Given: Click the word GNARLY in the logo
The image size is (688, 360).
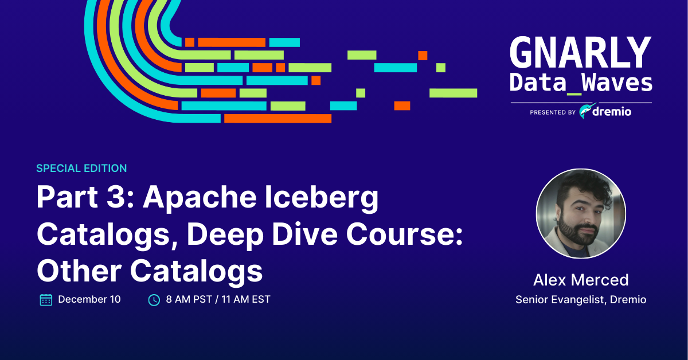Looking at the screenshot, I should tap(580, 53).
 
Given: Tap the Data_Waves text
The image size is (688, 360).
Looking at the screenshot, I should tap(580, 83).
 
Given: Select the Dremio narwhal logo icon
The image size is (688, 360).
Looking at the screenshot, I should tap(587, 112).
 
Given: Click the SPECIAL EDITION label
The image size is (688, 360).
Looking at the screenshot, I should tap(81, 169).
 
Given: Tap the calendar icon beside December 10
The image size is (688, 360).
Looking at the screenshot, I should tap(46, 299).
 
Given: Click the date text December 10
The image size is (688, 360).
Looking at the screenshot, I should tap(89, 299).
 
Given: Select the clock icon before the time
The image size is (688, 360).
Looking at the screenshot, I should tap(154, 299).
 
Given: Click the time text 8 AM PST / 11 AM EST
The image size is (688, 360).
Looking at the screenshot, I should tap(218, 299).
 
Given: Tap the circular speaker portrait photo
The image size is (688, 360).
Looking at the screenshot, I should tap(580, 214).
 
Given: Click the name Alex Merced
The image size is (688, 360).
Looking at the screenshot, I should tap(580, 280).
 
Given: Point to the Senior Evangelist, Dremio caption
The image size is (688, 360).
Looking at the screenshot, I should tap(580, 300).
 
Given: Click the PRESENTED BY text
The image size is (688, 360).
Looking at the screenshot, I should tap(553, 113).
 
